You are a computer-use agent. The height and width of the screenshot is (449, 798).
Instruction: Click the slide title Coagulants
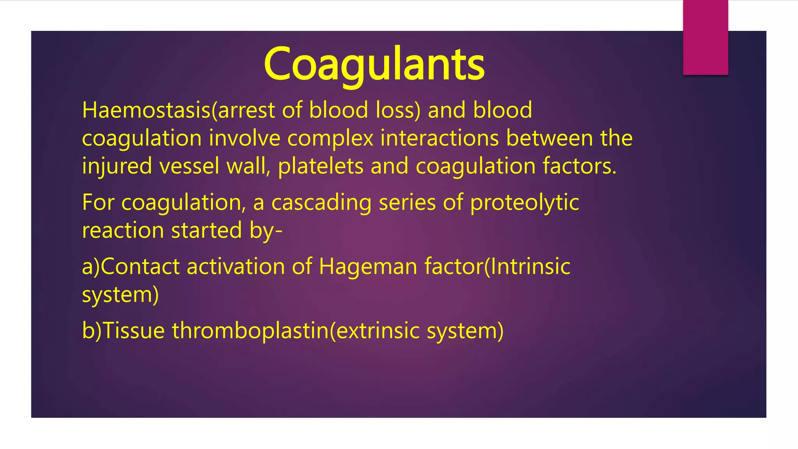pyautogui.click(x=374, y=64)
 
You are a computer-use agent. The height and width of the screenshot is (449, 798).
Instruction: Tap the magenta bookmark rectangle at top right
pyautogui.click(x=705, y=37)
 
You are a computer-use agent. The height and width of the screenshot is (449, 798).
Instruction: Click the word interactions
pyautogui.click(x=439, y=138)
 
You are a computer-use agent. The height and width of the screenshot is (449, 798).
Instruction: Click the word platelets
pyautogui.click(x=320, y=166)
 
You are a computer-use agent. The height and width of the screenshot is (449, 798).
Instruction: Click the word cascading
pyautogui.click(x=321, y=203)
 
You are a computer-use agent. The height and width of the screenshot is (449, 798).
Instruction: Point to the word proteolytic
pyautogui.click(x=524, y=203)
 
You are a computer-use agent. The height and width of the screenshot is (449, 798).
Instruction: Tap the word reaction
pyautogui.click(x=123, y=230)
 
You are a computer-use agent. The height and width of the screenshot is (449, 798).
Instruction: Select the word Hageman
pyautogui.click(x=368, y=267)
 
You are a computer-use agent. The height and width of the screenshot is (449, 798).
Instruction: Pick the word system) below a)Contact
pyautogui.click(x=120, y=295)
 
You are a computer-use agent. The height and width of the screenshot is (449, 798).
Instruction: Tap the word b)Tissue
pyautogui.click(x=124, y=331)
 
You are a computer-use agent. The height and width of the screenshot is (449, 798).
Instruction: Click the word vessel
pyautogui.click(x=189, y=166)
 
